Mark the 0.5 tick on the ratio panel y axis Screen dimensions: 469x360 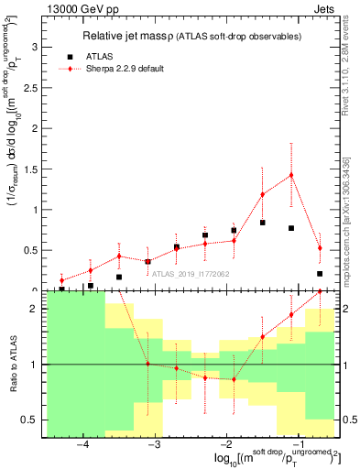tap(29, 420)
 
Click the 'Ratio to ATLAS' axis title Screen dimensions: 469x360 tap(12, 365)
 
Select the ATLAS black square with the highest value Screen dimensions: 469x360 tap(263, 223)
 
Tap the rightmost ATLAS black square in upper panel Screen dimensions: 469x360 tap(320, 273)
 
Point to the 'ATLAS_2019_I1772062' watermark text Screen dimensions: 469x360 tap(192, 273)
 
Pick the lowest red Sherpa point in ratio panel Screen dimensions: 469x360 tap(234, 379)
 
